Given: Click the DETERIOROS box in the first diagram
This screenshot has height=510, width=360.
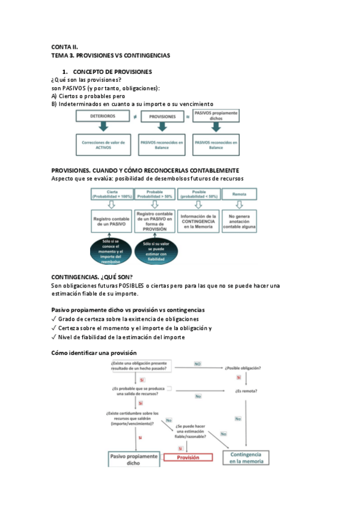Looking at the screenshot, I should point(103,116).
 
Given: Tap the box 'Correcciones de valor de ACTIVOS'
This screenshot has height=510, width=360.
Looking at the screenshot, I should point(103,145).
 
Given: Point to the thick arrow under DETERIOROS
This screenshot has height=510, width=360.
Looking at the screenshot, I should point(103,127).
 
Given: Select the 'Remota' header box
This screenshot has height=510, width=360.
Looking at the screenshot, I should point(239,194).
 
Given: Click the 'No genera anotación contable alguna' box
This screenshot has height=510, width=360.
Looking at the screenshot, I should point(239,221).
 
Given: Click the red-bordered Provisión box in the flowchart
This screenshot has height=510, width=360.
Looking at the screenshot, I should point(188,457).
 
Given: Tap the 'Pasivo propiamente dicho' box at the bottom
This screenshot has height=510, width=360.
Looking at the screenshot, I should point(133,459).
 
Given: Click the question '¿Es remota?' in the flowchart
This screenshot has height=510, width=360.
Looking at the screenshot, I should point(246,391).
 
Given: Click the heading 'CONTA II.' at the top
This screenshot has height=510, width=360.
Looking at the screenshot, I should point(65,46).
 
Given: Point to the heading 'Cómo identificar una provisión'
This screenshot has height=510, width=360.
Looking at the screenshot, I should point(94,352).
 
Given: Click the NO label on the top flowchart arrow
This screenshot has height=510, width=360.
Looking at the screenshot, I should point(197,364).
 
